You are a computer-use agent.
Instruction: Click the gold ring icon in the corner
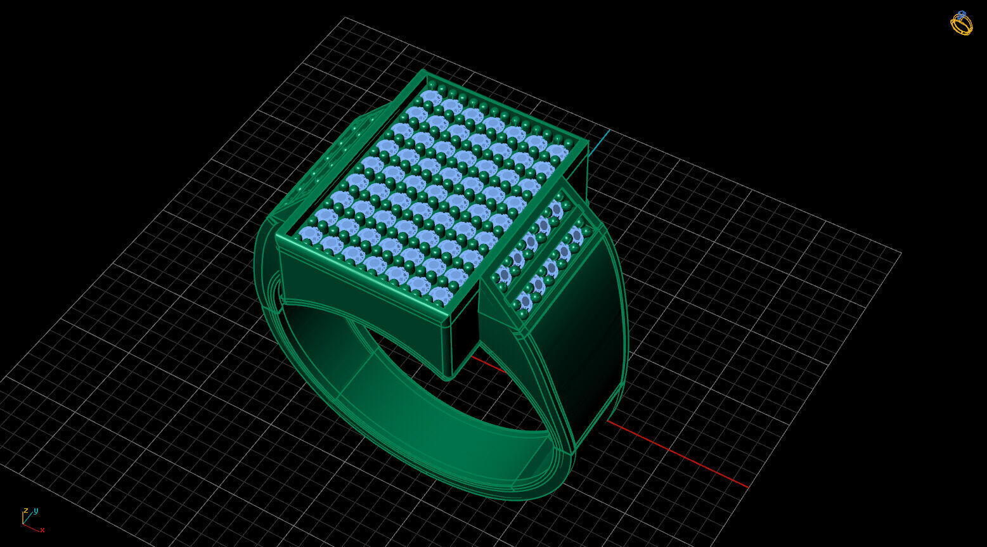point(962,23)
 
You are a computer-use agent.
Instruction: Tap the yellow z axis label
point(25,510)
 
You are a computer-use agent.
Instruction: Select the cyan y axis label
point(36,510)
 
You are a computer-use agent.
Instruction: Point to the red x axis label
point(42,530)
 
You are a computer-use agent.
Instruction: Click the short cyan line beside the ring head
point(599,143)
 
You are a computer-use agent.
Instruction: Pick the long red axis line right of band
point(678,454)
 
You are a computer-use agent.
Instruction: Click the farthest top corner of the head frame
point(423,72)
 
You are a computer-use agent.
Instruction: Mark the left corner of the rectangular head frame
point(277,237)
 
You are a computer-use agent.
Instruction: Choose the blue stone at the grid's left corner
point(309,235)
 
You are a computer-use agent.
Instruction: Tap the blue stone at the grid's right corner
point(558,151)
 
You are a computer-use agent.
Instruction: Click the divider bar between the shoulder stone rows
point(545,254)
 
